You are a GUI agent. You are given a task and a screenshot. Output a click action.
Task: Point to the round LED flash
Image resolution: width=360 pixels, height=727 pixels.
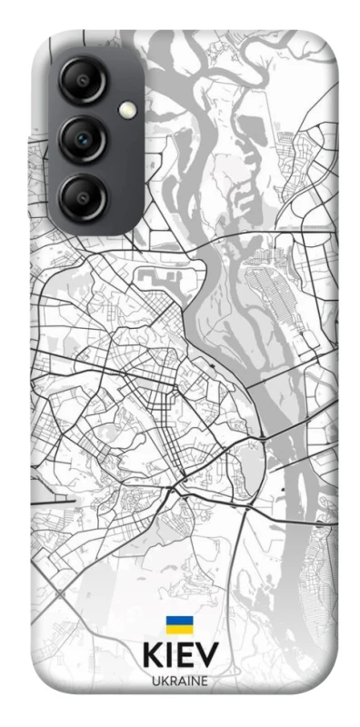(126, 109)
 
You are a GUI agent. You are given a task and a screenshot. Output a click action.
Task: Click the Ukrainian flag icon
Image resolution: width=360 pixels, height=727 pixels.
(178, 627)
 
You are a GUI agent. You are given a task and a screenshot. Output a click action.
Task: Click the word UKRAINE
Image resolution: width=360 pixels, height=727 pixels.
(180, 681)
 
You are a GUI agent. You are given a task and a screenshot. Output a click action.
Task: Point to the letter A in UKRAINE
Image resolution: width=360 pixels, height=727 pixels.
(181, 681)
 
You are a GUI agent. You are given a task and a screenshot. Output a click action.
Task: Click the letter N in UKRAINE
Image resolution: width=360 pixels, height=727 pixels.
(195, 681)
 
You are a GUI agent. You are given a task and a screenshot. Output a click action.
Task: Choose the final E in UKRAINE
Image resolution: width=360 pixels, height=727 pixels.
(205, 681)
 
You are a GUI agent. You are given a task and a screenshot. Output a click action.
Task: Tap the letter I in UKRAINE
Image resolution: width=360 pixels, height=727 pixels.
(187, 681)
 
